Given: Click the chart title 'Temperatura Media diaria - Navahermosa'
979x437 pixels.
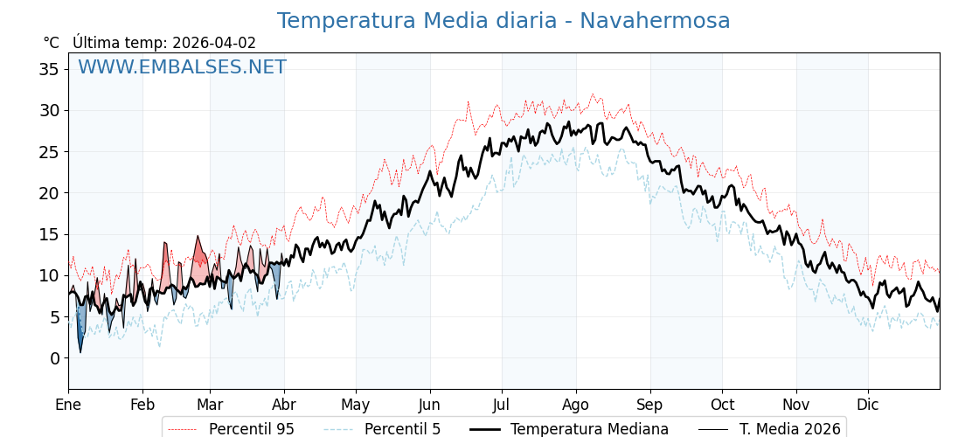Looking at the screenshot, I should point(503,21).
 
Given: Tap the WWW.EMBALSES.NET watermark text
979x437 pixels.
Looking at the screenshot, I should point(182,67).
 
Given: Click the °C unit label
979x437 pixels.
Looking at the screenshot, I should point(52,43).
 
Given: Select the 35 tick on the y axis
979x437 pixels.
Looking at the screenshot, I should point(49,69).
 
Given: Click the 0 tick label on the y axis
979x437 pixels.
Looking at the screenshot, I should point(54,358).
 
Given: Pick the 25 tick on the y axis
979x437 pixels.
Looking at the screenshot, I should point(49,152).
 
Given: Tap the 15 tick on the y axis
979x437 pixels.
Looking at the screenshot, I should point(49,234).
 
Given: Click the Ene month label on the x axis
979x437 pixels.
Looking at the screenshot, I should point(68,405).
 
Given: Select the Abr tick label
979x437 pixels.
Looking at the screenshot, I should point(284,405).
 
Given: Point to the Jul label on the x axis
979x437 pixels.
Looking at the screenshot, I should point(502,405).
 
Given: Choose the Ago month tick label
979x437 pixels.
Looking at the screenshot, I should point(576,405).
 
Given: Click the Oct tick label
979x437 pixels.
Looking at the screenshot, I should point(722,405).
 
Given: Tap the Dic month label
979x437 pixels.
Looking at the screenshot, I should point(868,405).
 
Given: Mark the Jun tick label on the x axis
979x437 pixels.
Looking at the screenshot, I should point(429,405).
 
